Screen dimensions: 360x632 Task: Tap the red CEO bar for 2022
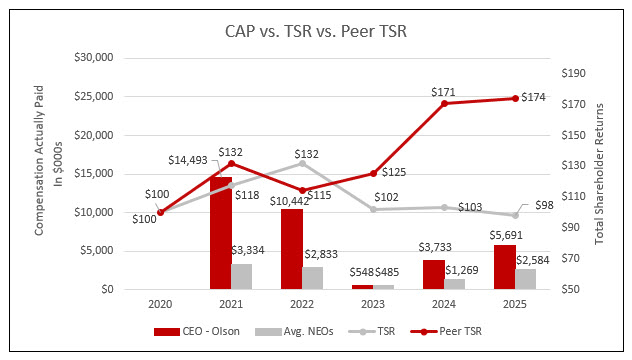pos(291,249)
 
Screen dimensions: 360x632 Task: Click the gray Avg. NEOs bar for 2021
pos(241,276)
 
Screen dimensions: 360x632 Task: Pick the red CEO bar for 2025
pos(505,267)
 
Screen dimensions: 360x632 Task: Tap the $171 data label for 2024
pos(441,92)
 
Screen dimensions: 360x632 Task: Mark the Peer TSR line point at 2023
pos(373,174)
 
